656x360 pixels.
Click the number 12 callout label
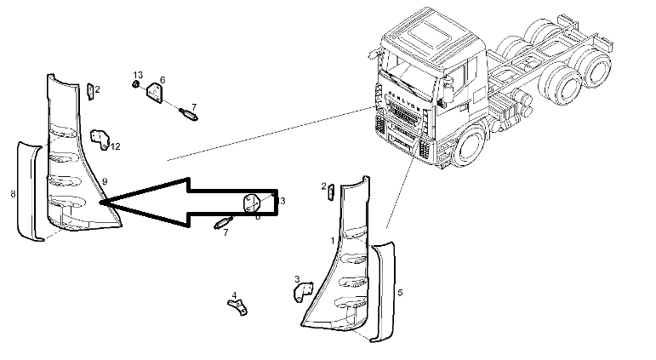[116, 146]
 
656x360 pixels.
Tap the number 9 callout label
[104, 181]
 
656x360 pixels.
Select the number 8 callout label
[13, 194]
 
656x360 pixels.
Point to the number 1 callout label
[333, 242]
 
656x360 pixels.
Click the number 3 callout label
[296, 278]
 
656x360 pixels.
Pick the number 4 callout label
[234, 296]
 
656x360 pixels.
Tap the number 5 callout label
[400, 291]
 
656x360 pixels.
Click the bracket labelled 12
[100, 140]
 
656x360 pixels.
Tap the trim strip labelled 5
[384, 289]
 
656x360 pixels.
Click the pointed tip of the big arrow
[101, 203]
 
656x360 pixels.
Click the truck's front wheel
[470, 150]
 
